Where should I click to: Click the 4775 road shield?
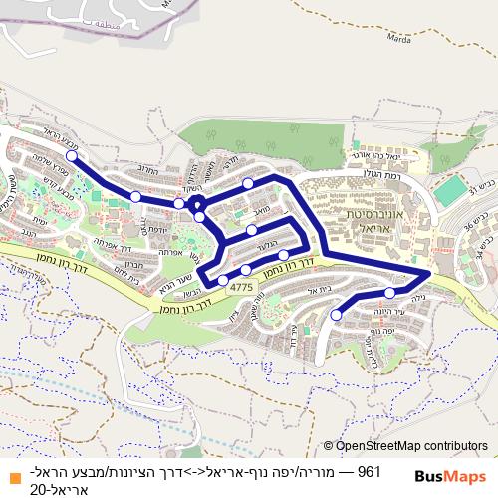tap(242, 286)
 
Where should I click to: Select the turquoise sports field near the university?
tap(451, 190)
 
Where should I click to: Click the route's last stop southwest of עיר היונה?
tap(336, 315)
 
